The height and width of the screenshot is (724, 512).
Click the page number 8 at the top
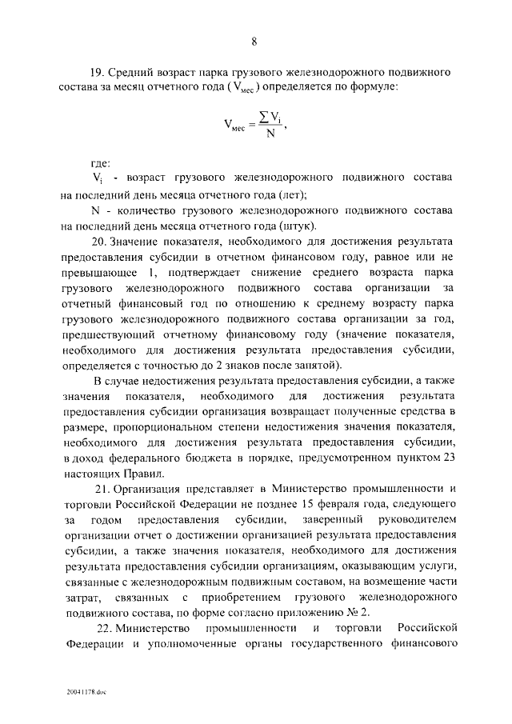coord(254,42)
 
